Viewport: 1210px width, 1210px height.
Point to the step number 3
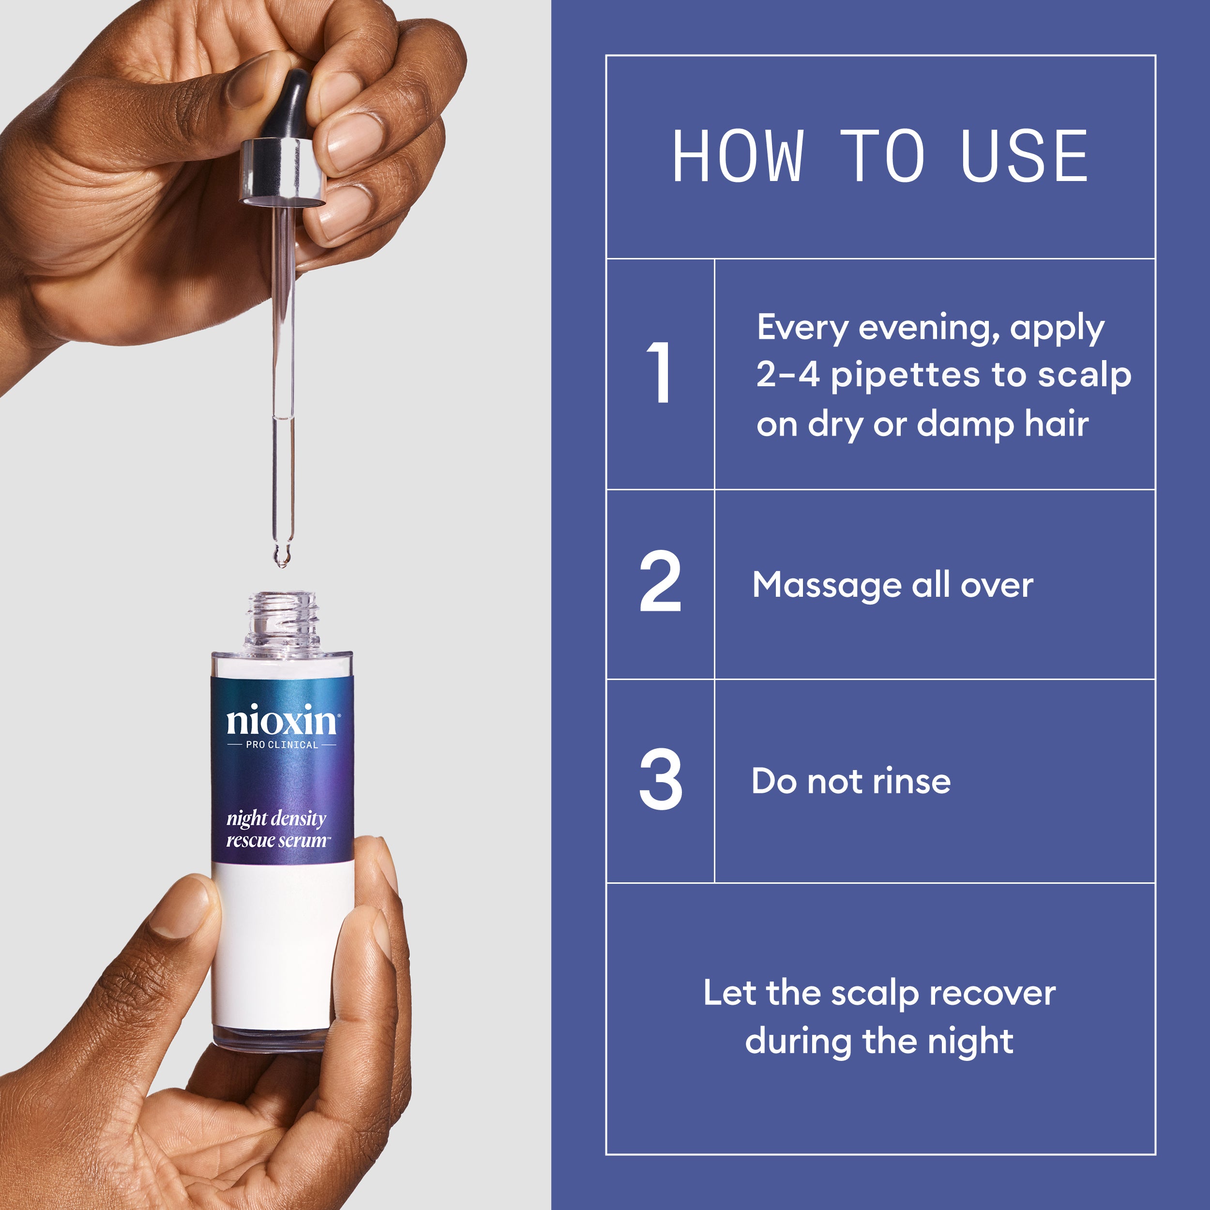660,779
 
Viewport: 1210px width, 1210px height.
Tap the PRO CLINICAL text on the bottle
282,745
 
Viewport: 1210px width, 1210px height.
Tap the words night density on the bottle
276,818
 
